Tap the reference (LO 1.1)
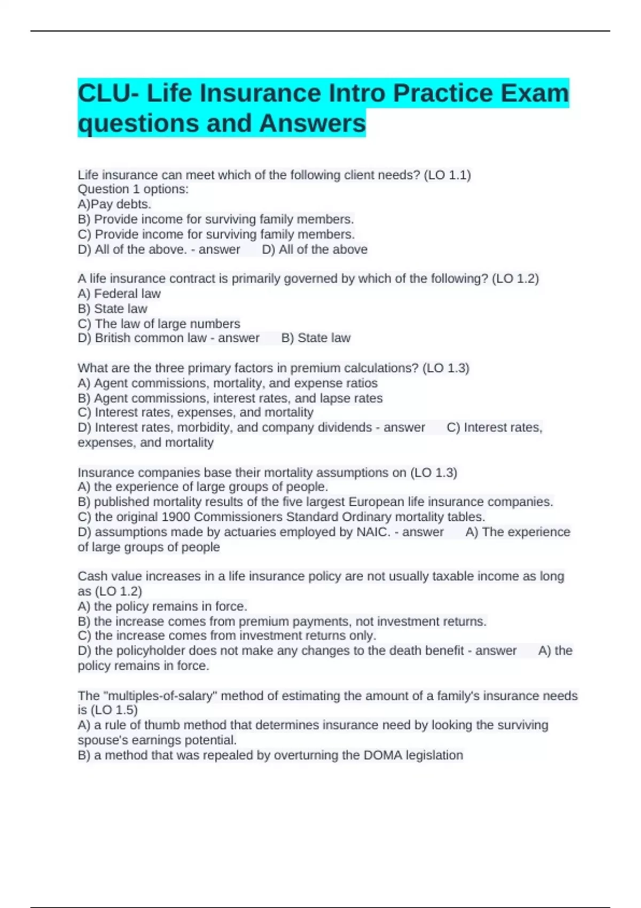click(447, 175)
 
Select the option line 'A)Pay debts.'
click(114, 204)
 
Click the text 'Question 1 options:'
click(133, 189)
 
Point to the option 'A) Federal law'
click(119, 294)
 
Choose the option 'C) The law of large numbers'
click(159, 324)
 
